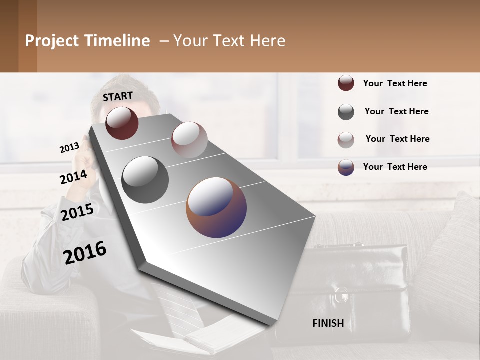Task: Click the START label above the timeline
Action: pyautogui.click(x=118, y=96)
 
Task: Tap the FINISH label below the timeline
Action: pyautogui.click(x=328, y=323)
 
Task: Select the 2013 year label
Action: pyautogui.click(x=69, y=148)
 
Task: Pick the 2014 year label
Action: pyautogui.click(x=73, y=177)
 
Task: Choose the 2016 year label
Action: pyautogui.click(x=85, y=252)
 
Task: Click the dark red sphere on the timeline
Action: pyautogui.click(x=122, y=123)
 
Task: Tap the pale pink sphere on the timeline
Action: pyautogui.click(x=189, y=140)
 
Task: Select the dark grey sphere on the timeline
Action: pyautogui.click(x=145, y=180)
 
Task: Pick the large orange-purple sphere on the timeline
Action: pyautogui.click(x=216, y=207)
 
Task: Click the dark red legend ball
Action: pyautogui.click(x=346, y=83)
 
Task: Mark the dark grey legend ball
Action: pyautogui.click(x=346, y=112)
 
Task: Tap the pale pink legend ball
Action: pyautogui.click(x=346, y=139)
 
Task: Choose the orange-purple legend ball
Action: pyautogui.click(x=346, y=167)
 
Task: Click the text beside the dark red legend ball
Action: pyautogui.click(x=395, y=83)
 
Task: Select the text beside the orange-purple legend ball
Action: pyautogui.click(x=395, y=167)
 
